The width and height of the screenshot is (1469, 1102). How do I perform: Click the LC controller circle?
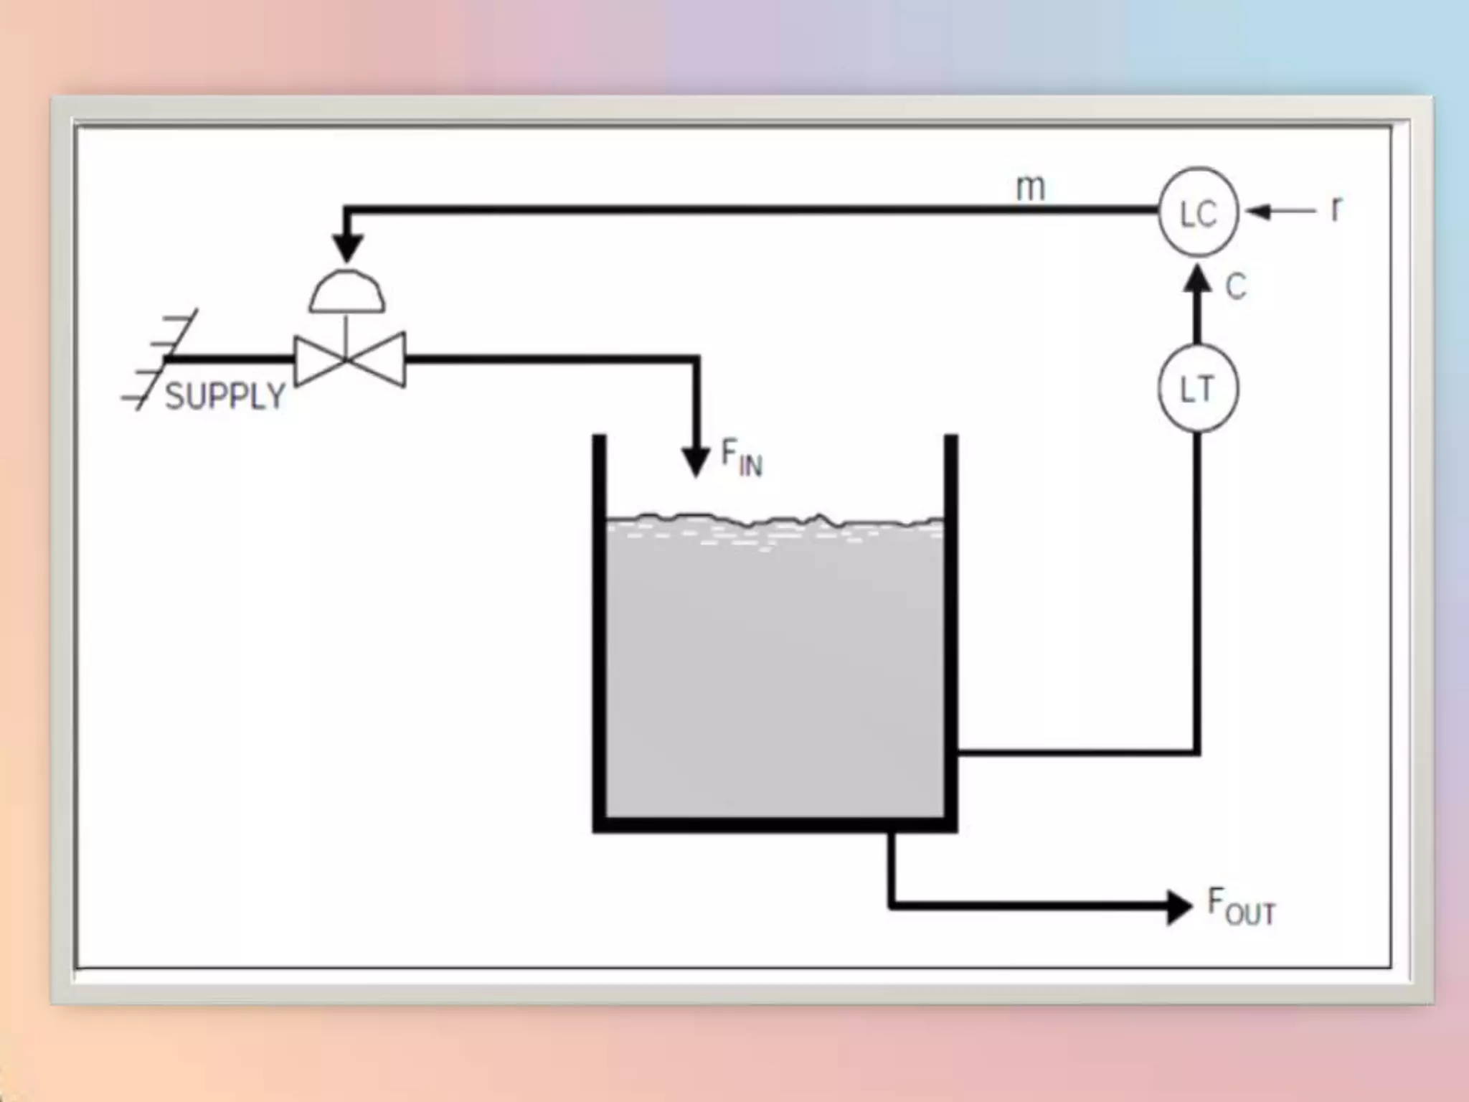click(1199, 212)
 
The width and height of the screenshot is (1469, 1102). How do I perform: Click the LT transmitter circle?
click(1197, 389)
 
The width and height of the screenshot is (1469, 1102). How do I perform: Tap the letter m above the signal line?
click(1031, 188)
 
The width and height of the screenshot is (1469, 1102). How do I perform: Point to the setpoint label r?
click(1336, 209)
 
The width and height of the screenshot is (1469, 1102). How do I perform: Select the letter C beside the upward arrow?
click(1235, 287)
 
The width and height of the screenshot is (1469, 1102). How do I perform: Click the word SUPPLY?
click(225, 396)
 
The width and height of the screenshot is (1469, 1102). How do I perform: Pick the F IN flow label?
click(741, 458)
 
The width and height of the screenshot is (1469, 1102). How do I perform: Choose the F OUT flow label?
click(1241, 907)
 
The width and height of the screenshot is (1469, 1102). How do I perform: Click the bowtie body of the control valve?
click(349, 359)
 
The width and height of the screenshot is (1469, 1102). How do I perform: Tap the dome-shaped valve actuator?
click(347, 292)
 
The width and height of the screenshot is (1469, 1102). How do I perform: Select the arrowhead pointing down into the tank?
click(694, 461)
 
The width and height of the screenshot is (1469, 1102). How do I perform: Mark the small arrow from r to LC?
click(1280, 212)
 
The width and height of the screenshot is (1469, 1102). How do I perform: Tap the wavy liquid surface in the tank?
click(775, 521)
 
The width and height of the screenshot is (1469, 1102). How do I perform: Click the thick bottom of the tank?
click(775, 825)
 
